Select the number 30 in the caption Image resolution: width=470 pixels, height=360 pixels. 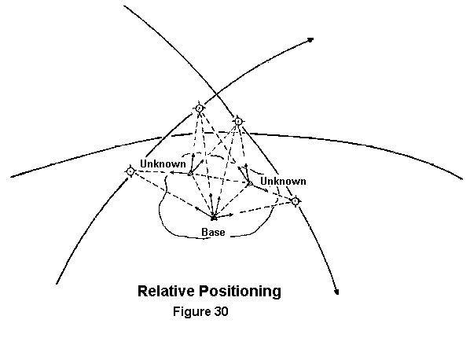(x=221, y=311)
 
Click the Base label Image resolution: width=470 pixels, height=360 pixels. (x=213, y=233)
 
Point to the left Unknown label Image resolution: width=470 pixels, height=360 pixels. (x=163, y=164)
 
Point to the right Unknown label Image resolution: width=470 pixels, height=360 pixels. (x=283, y=181)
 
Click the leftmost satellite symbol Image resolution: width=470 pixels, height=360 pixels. (x=130, y=171)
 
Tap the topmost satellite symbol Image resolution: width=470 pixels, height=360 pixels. (x=200, y=108)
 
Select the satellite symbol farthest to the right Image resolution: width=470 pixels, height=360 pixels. (x=296, y=201)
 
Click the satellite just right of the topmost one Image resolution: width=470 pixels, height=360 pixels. (x=238, y=121)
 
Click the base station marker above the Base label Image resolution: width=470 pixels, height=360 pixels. (x=214, y=218)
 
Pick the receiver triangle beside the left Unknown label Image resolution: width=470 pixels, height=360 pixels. (x=190, y=173)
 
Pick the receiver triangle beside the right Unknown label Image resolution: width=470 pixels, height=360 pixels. (x=250, y=182)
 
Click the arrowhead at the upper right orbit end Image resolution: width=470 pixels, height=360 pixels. (x=310, y=40)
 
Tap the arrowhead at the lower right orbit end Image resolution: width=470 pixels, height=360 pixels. (x=337, y=292)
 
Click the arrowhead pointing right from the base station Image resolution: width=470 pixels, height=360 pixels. (x=231, y=215)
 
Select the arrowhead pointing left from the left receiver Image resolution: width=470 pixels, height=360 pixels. (x=173, y=172)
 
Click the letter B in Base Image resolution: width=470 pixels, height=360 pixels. (x=204, y=233)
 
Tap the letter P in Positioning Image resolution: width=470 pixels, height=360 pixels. (x=203, y=291)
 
